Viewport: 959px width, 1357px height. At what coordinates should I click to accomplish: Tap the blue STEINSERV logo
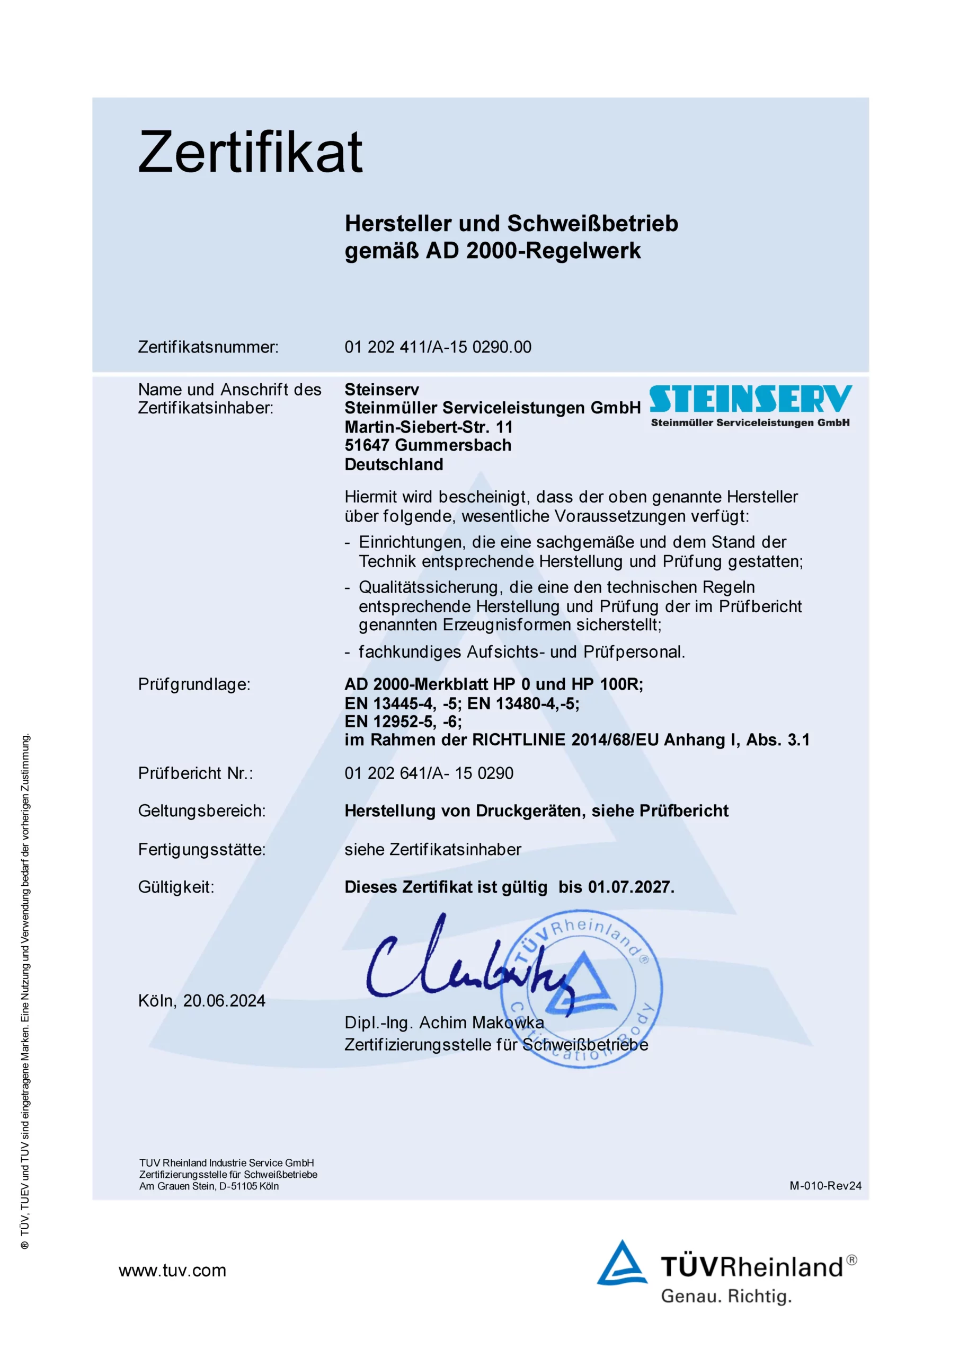coord(750,399)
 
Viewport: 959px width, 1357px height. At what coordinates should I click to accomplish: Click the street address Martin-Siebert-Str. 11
coord(429,427)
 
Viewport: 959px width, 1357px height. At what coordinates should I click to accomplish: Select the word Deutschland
coord(394,464)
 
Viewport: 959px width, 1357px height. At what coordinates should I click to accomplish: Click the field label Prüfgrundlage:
coord(194,684)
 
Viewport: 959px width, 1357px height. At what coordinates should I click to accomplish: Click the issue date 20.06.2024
coord(224,1001)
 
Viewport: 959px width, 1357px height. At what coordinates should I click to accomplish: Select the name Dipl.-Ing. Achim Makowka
coord(445,1023)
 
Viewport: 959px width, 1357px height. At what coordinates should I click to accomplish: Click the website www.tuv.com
coord(173,1270)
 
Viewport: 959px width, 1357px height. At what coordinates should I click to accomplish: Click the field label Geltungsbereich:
coord(202,811)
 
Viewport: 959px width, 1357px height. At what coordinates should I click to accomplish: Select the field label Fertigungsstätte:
coord(202,849)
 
